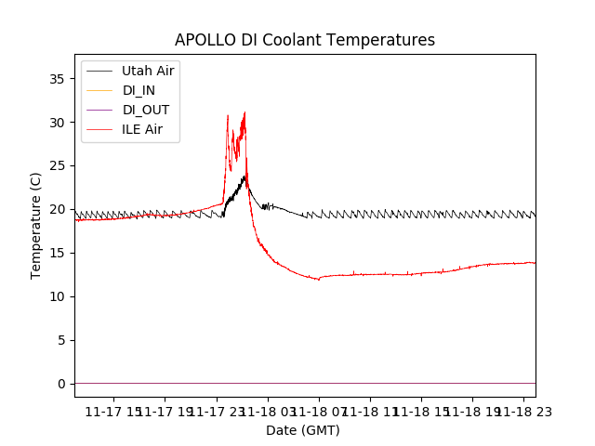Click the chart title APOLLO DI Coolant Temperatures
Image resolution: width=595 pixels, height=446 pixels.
[305, 41]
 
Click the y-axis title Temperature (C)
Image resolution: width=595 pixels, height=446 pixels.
[36, 225]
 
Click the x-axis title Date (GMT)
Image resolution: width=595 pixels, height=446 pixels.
[303, 430]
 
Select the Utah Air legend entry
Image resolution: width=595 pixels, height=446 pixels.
[147, 71]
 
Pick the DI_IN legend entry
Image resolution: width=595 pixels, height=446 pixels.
[139, 90]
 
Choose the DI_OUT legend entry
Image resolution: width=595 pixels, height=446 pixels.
[145, 110]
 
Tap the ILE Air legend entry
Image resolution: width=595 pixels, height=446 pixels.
[142, 129]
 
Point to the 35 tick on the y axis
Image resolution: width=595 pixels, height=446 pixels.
[58, 79]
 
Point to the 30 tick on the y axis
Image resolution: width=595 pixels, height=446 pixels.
[58, 123]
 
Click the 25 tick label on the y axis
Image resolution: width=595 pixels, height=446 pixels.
[58, 166]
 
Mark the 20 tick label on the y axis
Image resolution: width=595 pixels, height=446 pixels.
[58, 210]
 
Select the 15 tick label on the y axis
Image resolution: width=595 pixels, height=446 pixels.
[58, 253]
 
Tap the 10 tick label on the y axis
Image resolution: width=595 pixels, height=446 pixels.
[58, 296]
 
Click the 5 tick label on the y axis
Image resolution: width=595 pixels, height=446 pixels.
[61, 340]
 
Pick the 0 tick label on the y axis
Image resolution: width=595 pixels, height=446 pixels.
[61, 384]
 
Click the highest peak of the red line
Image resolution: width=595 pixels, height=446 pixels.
[245, 112]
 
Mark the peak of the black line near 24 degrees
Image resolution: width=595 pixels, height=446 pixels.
[244, 176]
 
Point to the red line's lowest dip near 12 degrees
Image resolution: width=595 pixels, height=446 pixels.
[319, 279]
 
